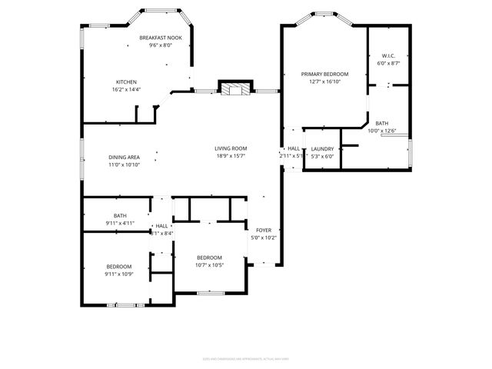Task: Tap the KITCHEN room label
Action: point(126,81)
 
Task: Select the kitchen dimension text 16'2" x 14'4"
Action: point(126,89)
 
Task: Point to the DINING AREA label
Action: point(124,157)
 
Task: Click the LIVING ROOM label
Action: point(230,148)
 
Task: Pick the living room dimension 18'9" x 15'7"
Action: point(230,156)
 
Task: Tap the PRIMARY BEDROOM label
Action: point(324,74)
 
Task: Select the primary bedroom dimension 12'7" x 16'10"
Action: point(324,81)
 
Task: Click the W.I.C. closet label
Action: point(388,55)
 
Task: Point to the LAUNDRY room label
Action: point(322,148)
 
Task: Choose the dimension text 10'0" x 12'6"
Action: point(382,131)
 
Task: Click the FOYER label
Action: point(262,230)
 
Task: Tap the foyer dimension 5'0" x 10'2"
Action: point(262,238)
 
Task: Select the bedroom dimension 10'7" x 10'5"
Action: point(209,265)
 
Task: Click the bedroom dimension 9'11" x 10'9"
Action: point(119,274)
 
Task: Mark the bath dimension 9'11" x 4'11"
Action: point(120,223)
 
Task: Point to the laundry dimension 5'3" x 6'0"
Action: point(322,156)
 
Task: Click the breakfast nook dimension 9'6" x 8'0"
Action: point(161,45)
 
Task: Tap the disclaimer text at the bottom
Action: point(245,357)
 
